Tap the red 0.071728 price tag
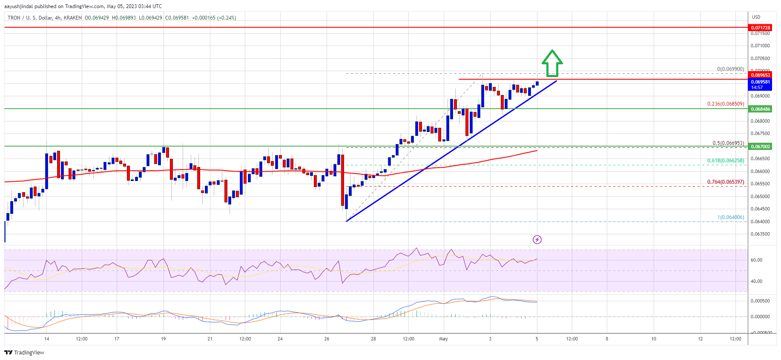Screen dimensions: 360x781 pos(760,28)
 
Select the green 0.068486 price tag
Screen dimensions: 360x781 pos(760,109)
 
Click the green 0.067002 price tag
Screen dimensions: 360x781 pos(760,147)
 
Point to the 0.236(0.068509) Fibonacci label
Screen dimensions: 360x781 pos(726,104)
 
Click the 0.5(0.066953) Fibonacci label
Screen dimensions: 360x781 pos(728,143)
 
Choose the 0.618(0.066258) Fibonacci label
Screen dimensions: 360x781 pos(726,161)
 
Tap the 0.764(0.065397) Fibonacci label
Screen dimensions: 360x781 pos(726,182)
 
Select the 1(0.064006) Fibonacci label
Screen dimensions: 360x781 pos(731,217)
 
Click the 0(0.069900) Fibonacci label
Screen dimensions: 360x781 pos(731,69)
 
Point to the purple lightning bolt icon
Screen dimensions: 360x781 pos(537,240)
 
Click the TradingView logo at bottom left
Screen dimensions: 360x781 pos(24,352)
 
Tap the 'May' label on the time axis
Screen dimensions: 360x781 pos(443,339)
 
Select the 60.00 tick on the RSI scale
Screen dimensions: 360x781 pos(756,260)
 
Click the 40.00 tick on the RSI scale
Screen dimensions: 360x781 pos(756,281)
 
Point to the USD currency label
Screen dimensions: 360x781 pos(756,17)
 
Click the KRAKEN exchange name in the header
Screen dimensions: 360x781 pos(73,18)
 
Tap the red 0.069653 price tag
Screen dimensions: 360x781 pos(760,75)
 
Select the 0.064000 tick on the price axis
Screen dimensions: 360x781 pos(760,222)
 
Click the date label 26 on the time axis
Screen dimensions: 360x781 pos(327,339)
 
